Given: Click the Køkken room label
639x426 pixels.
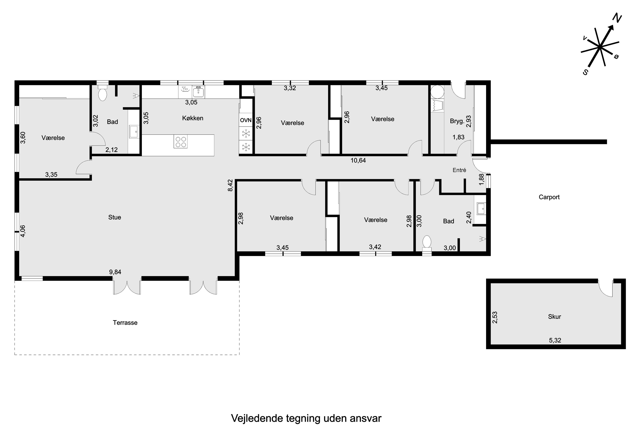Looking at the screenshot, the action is point(193,118).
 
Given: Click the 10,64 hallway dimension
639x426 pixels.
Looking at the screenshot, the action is point(358,161).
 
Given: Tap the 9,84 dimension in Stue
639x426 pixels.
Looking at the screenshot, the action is point(115,272).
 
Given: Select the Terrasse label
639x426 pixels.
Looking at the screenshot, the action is point(125,323).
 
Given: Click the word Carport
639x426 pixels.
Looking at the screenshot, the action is point(549,197).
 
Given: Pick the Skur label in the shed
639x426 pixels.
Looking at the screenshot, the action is point(554,317).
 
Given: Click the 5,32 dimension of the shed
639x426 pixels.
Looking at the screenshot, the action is point(555,340).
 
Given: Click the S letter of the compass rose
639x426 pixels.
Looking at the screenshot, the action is point(586,72).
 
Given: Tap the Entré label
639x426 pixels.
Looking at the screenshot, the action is point(459,170).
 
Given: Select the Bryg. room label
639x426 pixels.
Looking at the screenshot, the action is point(457,121).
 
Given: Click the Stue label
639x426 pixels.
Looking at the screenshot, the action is point(115,217).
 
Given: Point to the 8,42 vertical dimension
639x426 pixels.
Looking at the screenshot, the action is point(230,185).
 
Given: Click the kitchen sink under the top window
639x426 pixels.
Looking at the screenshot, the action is point(199,92).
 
